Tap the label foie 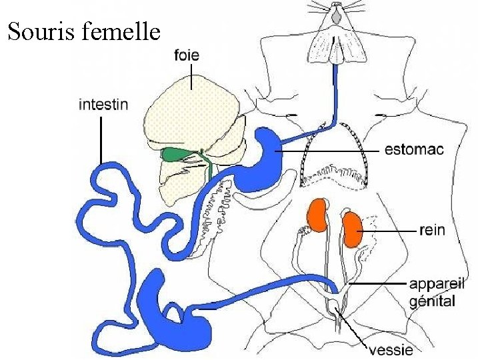[x=189, y=55]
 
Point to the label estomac [x=414, y=151]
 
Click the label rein [x=432, y=230]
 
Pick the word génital [x=432, y=301]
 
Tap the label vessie [x=391, y=349]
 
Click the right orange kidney [x=351, y=227]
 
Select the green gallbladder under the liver [x=175, y=154]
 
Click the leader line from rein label [x=390, y=231]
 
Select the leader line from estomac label [x=333, y=151]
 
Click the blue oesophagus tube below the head [x=331, y=93]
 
